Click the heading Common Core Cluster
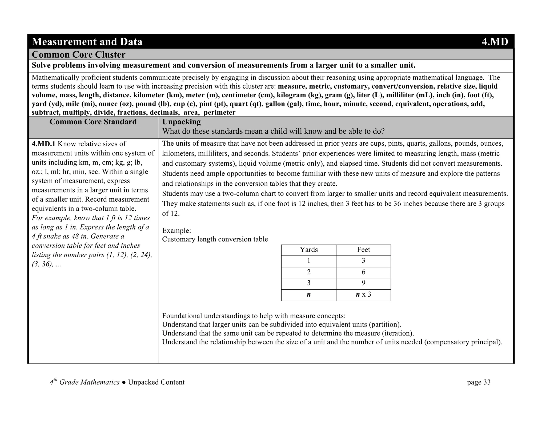(x=78, y=55)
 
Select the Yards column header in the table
(x=309, y=250)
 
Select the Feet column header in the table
(x=363, y=250)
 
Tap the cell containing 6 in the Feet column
(x=363, y=272)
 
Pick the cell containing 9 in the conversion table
(x=363, y=283)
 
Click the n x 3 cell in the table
(x=363, y=294)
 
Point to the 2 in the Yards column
(x=309, y=272)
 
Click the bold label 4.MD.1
(x=43, y=144)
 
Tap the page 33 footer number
(x=479, y=382)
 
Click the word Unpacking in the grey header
(x=181, y=122)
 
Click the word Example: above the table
(x=176, y=230)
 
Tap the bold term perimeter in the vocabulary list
(x=219, y=113)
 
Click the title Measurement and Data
(x=87, y=42)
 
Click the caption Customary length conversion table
(x=215, y=239)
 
